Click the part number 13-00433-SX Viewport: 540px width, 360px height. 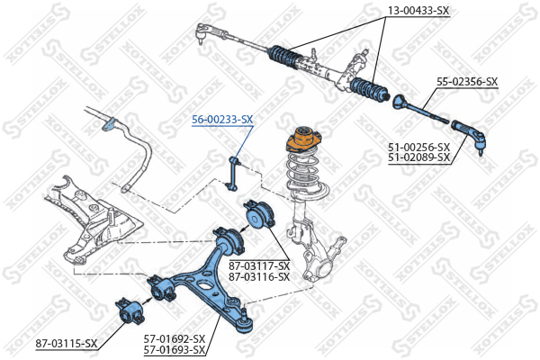[x=417, y=11]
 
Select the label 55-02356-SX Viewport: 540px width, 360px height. [x=467, y=82]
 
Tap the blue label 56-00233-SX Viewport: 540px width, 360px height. [x=222, y=119]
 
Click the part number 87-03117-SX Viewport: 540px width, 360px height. [x=259, y=266]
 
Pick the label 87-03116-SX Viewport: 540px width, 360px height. [x=259, y=276]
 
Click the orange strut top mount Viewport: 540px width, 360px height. [x=301, y=143]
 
